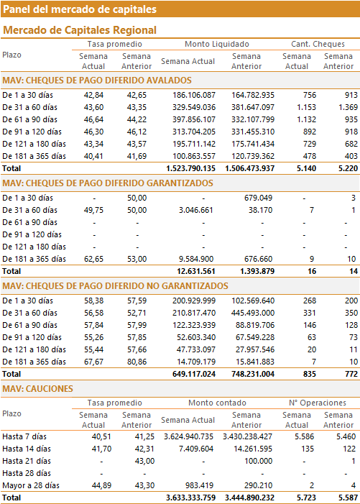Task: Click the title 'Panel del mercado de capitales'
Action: (x=80, y=9)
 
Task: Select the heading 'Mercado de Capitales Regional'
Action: (x=80, y=30)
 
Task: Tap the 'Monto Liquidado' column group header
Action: (x=217, y=44)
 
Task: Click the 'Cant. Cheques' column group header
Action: (x=318, y=44)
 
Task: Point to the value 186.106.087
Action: (x=194, y=95)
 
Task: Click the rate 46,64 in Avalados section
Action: (x=94, y=119)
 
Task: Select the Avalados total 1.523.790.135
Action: (x=190, y=168)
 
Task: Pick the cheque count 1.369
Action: (x=348, y=107)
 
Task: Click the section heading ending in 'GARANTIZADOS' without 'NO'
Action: (x=108, y=183)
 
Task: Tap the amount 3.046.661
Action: (x=196, y=210)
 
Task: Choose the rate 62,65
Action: (x=94, y=259)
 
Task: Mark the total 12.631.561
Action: (x=196, y=271)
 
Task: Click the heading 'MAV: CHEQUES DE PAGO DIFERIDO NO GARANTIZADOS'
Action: (x=115, y=286)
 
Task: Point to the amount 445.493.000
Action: (x=253, y=313)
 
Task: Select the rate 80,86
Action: (x=137, y=362)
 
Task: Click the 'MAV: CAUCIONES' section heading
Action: (x=37, y=389)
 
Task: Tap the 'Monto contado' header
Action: (x=217, y=403)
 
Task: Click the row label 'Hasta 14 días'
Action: (x=27, y=449)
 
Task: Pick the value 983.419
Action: (x=200, y=485)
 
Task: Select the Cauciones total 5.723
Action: (x=306, y=498)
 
